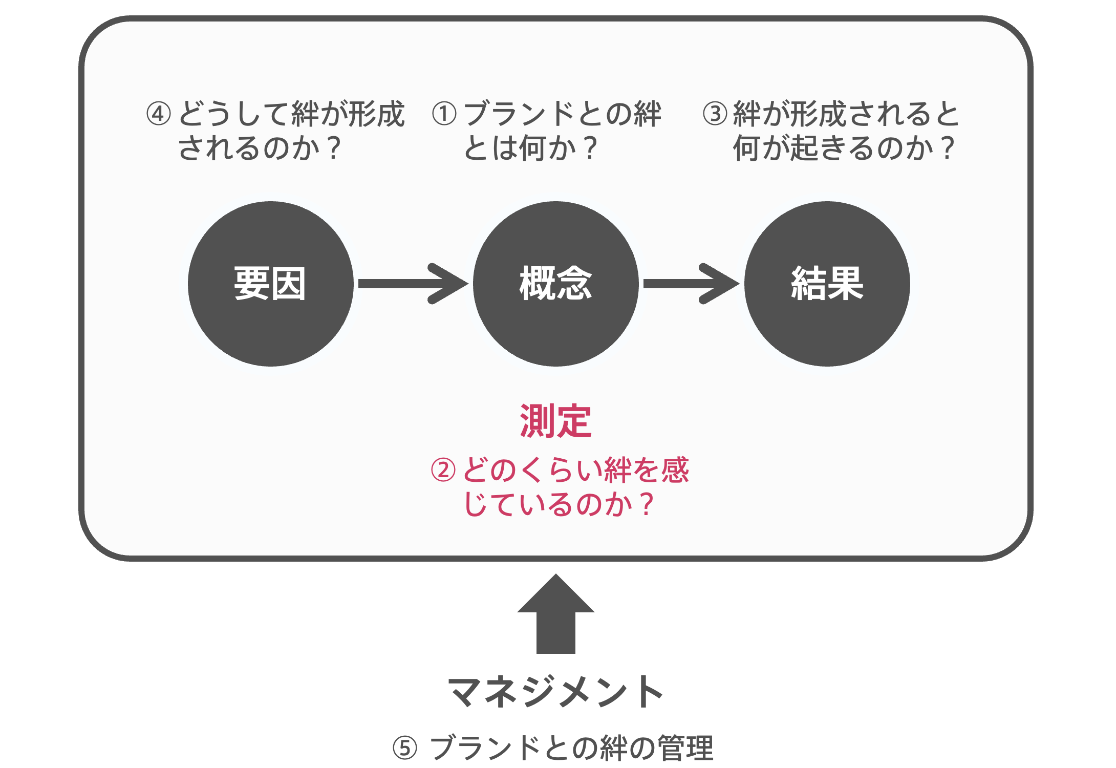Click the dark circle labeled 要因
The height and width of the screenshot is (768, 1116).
tap(270, 284)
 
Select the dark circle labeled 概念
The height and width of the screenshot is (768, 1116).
tap(556, 284)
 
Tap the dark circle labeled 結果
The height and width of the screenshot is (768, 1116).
tap(827, 284)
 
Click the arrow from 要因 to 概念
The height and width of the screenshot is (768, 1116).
tap(413, 284)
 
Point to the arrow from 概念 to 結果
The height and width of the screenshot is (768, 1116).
tap(691, 284)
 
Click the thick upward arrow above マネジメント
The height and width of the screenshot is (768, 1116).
tap(556, 613)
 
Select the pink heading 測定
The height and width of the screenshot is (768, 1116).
tap(556, 421)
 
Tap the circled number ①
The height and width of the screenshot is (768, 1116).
tap(444, 114)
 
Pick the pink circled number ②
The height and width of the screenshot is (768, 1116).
tap(443, 470)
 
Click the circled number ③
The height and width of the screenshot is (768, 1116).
tap(715, 114)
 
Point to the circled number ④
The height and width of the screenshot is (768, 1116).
tap(159, 114)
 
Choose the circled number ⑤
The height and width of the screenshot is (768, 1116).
tap(405, 748)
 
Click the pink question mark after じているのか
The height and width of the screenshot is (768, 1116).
tap(647, 504)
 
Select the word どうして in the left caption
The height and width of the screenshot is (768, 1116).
tap(234, 114)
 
